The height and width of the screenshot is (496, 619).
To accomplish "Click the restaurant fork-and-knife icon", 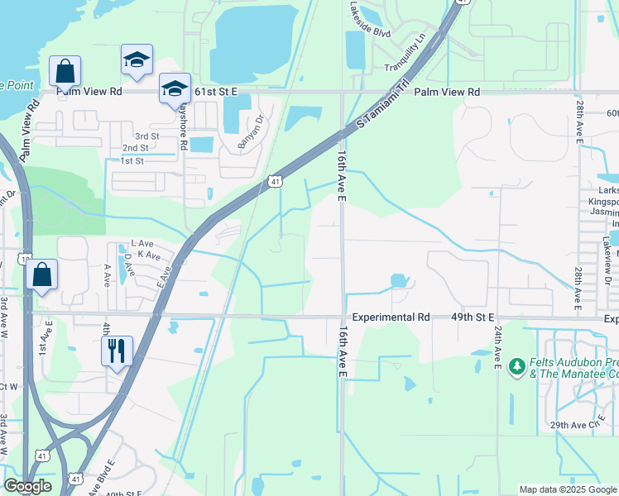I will pos(117,351).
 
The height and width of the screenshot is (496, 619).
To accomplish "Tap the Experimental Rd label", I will pos(391,317).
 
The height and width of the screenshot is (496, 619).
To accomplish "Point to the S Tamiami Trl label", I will pos(383,103).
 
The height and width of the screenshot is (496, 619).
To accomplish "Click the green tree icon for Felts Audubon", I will pos(517,365).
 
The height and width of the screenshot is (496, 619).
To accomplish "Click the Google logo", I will pos(27,486).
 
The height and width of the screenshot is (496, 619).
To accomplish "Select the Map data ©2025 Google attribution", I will pos(567,489).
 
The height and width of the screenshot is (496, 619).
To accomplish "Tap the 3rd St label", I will pos(147,136).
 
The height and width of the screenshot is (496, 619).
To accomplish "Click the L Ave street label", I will pos(143,244).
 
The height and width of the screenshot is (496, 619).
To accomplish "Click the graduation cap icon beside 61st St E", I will pos(175,88).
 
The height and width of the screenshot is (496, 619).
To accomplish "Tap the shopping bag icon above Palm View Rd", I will pos(65,70).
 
